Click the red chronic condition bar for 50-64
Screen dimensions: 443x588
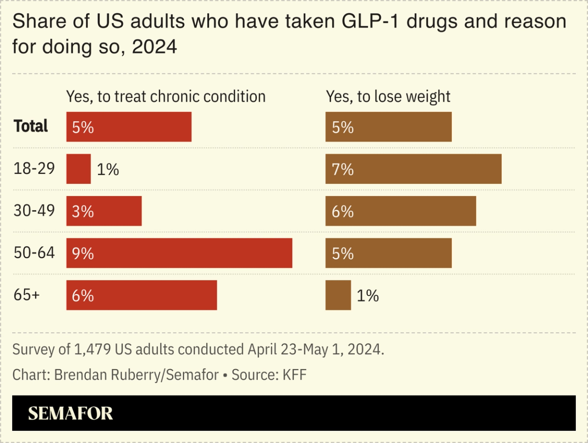tap(179, 253)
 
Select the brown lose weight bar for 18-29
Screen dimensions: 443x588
tap(413, 169)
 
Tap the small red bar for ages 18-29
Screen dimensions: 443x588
tap(79, 169)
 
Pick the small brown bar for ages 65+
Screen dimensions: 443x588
tap(338, 295)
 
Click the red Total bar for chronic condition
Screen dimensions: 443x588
tap(129, 127)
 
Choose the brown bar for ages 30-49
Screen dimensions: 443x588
tap(401, 211)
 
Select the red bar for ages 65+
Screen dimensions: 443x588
tap(141, 295)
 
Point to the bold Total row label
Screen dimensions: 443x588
tap(31, 126)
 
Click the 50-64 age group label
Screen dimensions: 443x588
tap(34, 253)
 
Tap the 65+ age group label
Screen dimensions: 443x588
tap(27, 295)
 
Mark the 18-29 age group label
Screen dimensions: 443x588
tap(34, 169)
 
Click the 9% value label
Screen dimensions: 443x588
tap(83, 254)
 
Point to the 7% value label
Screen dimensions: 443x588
tap(342, 169)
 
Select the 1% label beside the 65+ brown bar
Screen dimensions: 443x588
tap(367, 296)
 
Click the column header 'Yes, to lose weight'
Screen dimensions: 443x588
tap(388, 96)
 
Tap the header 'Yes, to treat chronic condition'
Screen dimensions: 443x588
tap(166, 96)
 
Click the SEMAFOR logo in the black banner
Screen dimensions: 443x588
tap(70, 413)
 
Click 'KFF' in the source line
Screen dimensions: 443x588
tap(293, 375)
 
